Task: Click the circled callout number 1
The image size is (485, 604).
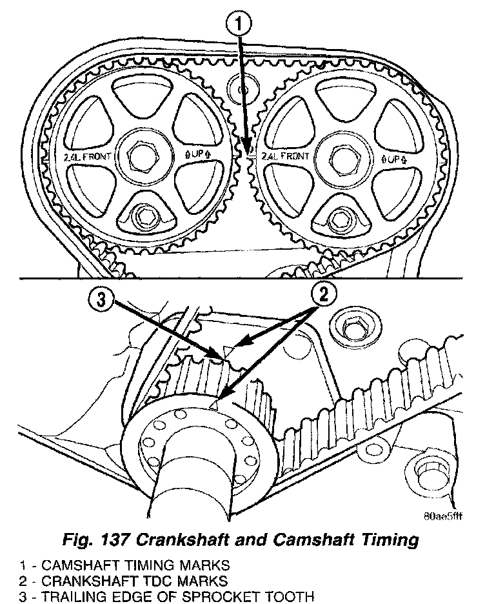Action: [239, 26]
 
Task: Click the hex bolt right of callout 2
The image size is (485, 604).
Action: [353, 327]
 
